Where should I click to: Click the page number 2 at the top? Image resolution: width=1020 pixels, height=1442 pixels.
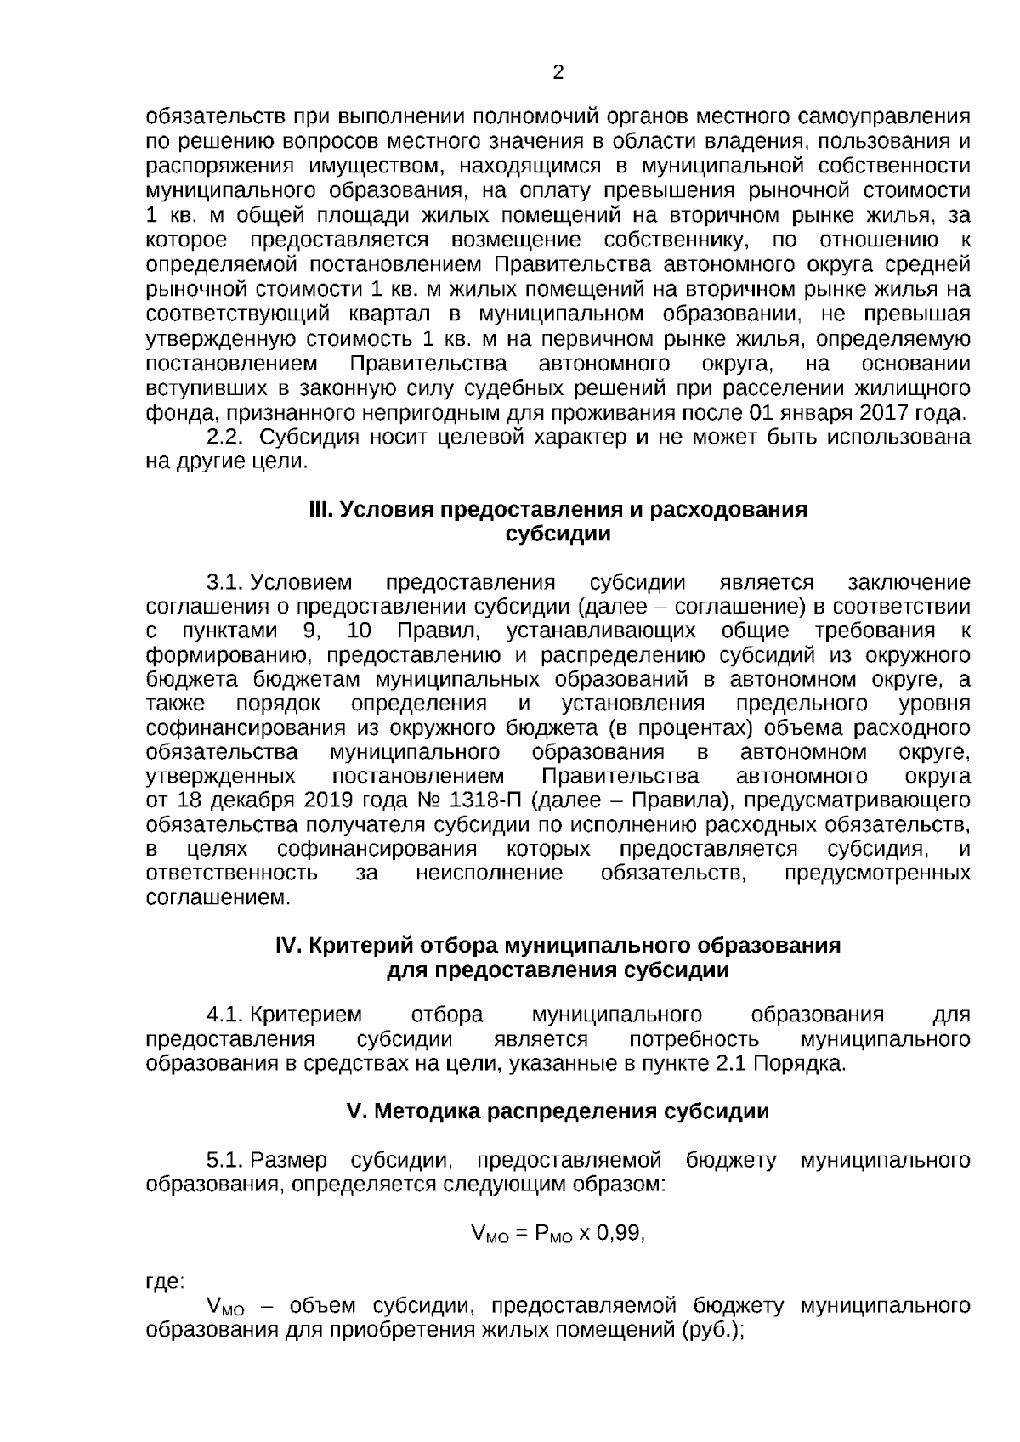pyautogui.click(x=558, y=73)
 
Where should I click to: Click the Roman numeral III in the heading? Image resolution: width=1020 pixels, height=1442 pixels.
pyautogui.click(x=320, y=510)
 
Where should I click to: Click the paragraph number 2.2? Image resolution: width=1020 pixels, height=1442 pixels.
pyautogui.click(x=226, y=438)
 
